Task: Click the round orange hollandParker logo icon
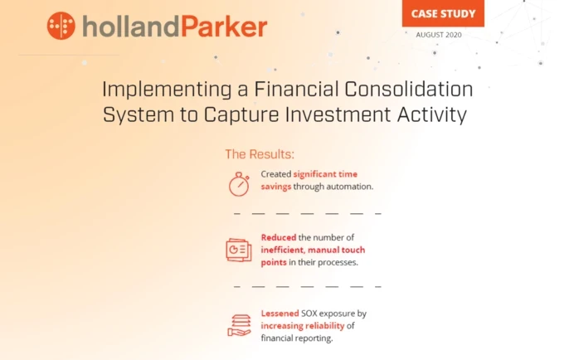pyautogui.click(x=62, y=26)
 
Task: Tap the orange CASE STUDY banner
pyautogui.click(x=442, y=12)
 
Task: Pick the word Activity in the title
pyautogui.click(x=435, y=114)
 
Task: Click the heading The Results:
pyautogui.click(x=260, y=154)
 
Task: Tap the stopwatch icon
pyautogui.click(x=239, y=183)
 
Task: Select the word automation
pyautogui.click(x=351, y=187)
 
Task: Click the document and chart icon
pyautogui.click(x=239, y=250)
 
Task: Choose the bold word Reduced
pyautogui.click(x=279, y=237)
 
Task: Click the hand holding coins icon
pyautogui.click(x=239, y=324)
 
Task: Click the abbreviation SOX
pyautogui.click(x=314, y=314)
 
